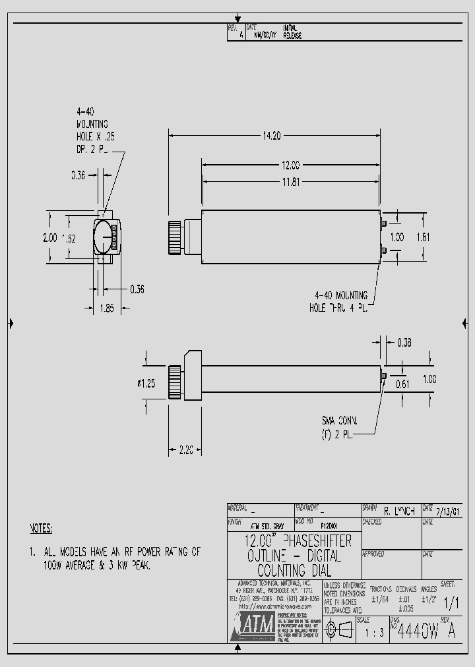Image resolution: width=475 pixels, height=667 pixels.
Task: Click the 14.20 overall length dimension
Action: tap(272, 136)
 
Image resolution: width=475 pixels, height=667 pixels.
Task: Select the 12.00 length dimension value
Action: tap(291, 165)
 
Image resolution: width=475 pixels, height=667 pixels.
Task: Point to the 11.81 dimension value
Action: tap(291, 181)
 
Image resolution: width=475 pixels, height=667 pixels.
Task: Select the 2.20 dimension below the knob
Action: tap(185, 450)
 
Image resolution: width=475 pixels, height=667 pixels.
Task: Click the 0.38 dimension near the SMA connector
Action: tap(404, 341)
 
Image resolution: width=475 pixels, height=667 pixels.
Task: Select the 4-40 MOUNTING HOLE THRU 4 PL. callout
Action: tap(338, 302)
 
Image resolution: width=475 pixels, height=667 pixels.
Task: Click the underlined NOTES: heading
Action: tap(42, 529)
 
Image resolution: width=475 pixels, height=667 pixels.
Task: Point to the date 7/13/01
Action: tap(450, 511)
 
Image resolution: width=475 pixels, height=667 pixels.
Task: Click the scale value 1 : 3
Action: tap(373, 633)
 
